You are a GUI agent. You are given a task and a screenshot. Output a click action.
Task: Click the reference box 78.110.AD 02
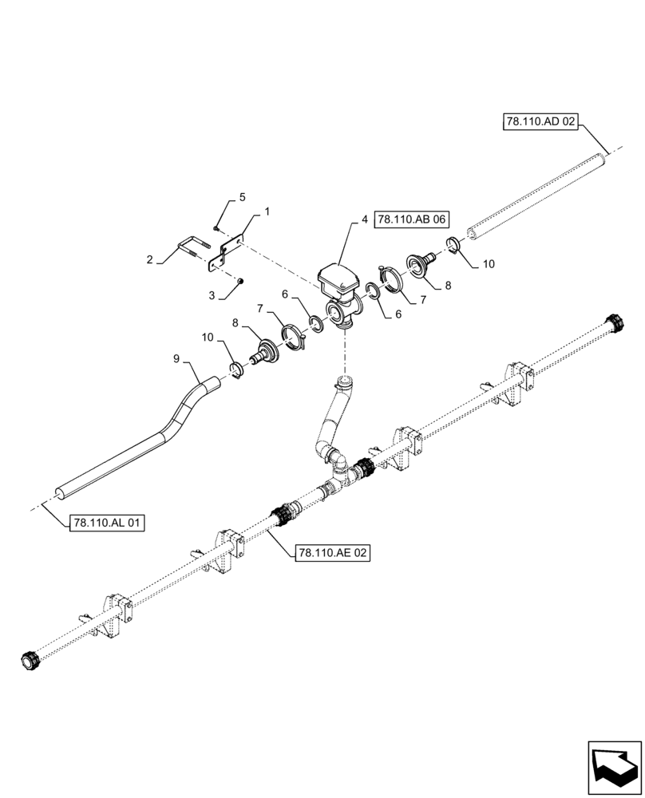[540, 122]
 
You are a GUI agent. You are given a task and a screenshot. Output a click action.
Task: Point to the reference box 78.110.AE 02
[333, 552]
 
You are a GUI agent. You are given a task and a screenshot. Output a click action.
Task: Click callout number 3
[212, 295]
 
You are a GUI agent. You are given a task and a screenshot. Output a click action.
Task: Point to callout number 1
[267, 212]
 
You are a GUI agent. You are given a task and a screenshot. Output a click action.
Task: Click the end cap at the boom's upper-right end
[617, 325]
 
